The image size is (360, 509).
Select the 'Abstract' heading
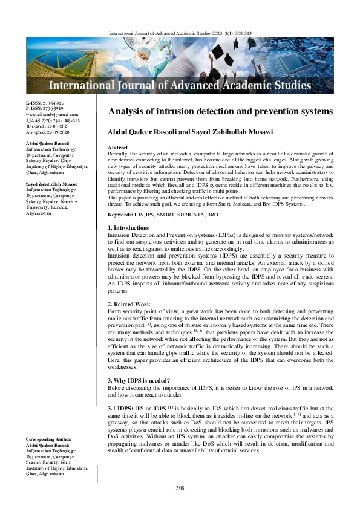[x=117, y=148]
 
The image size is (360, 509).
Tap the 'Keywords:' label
[x=120, y=198]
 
